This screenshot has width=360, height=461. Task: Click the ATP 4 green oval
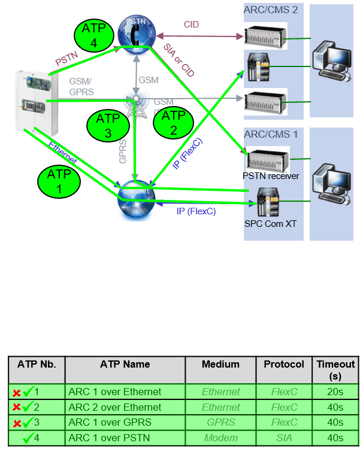pos(93,35)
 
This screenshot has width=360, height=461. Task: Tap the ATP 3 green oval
pos(108,126)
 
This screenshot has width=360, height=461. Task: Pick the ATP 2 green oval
pos(174,122)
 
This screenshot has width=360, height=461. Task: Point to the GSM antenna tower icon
pos(136,101)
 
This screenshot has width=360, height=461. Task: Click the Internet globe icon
pos(137,201)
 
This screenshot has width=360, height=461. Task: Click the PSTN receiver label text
pos(271,176)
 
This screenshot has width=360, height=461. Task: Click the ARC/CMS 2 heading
pos(270,10)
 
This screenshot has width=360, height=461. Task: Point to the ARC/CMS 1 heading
pos(270,134)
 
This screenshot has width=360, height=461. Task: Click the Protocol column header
pos(284,364)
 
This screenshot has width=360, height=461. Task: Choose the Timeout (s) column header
pos(335,369)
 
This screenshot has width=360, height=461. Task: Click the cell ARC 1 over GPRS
pos(110,422)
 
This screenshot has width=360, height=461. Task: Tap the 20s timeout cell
pos(335,392)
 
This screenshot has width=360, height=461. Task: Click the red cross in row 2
pos(17,408)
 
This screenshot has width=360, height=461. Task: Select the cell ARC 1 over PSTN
pos(110,438)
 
